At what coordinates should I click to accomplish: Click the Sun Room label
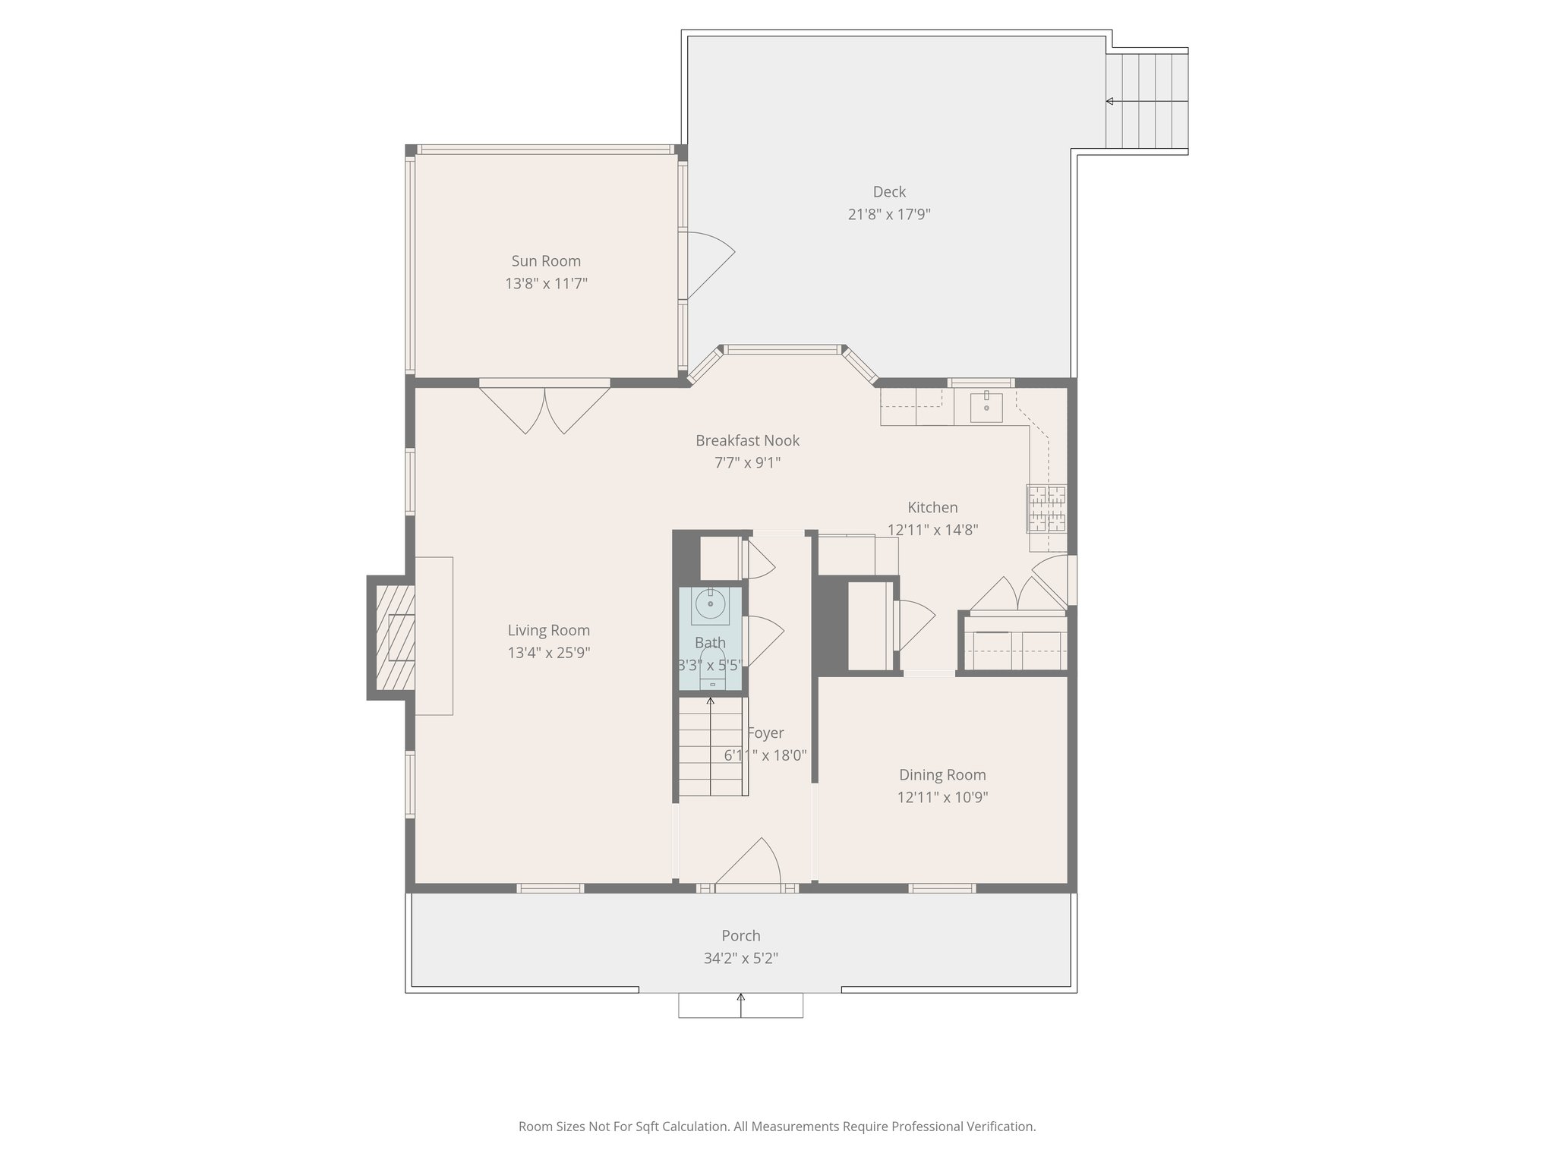click(546, 261)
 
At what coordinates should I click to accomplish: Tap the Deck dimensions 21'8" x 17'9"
click(888, 214)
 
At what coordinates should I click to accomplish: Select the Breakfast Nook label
click(747, 440)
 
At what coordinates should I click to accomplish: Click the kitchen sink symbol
click(986, 408)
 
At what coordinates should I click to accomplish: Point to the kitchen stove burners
click(1046, 508)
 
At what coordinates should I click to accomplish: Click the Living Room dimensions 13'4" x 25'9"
click(548, 653)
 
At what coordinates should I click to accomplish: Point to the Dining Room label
click(942, 775)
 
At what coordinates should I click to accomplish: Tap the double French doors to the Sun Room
click(545, 410)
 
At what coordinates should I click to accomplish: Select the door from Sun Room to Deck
click(706, 263)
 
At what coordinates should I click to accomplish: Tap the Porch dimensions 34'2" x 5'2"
click(740, 959)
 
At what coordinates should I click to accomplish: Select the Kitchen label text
click(932, 508)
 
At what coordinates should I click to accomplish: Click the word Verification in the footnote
click(1000, 1127)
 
